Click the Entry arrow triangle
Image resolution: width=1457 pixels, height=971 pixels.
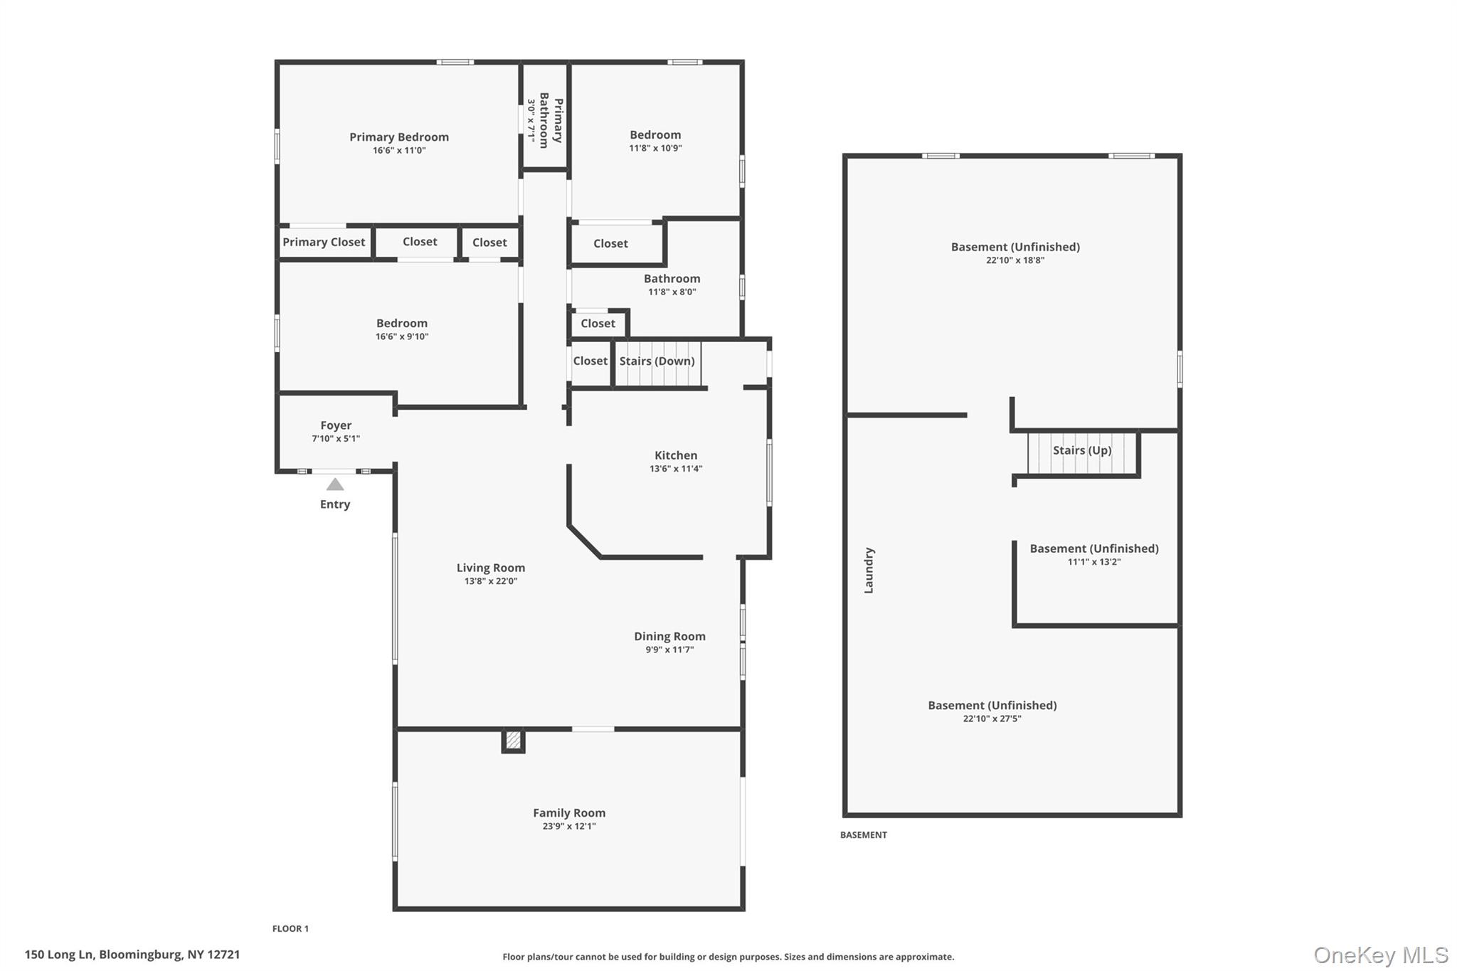[335, 484]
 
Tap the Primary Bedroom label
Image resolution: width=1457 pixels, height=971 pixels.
[398, 137]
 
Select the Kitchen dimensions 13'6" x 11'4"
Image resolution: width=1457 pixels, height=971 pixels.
[676, 469]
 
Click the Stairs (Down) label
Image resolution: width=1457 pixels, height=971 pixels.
[657, 361]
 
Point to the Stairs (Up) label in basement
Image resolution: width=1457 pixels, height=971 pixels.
[1081, 450]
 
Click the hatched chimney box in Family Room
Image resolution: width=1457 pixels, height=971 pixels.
[513, 741]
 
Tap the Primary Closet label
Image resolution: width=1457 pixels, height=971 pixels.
[324, 243]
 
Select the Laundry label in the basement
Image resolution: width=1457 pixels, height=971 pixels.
[869, 571]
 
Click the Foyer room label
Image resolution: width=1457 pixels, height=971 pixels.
[336, 425]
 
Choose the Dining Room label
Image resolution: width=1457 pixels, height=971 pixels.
[669, 637]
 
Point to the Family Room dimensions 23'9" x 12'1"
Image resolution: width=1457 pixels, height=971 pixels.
[569, 827]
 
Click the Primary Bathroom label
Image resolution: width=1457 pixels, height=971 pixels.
[551, 120]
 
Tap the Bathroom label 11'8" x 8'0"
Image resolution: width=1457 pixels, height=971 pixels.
[672, 279]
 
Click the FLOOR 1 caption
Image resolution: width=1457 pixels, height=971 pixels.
[290, 929]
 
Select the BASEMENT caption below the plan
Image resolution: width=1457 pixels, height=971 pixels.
[863, 835]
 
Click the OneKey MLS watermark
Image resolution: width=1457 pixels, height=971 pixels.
[1380, 955]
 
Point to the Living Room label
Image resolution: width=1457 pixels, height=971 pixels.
[490, 568]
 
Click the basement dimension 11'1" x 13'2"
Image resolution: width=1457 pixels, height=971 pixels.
[1093, 562]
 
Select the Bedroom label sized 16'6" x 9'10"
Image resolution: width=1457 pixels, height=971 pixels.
[402, 324]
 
